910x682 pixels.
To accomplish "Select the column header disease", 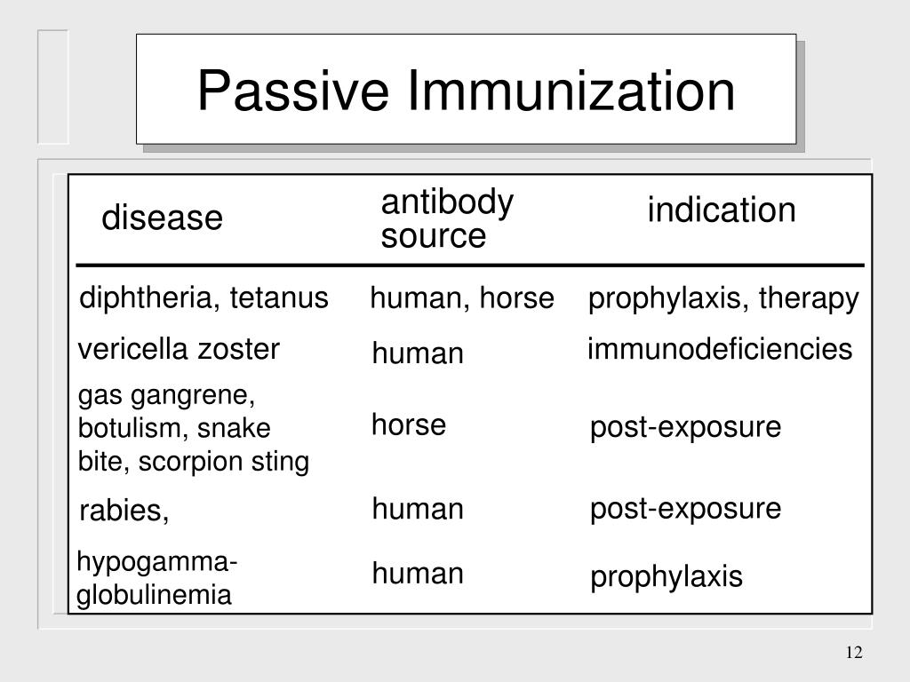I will click(x=162, y=218).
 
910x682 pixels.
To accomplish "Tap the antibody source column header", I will click(x=447, y=219).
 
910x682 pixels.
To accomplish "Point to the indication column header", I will click(x=721, y=211).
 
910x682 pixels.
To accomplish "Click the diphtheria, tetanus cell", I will click(x=204, y=298).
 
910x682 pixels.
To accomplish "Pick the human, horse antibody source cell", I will click(x=461, y=299).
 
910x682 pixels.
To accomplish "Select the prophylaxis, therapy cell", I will click(x=723, y=300).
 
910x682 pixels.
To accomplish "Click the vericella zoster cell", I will click(x=179, y=350).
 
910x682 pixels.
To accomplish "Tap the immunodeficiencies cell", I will click(x=719, y=350).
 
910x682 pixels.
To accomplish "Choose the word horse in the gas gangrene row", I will click(x=408, y=425).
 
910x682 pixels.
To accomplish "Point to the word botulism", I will click(x=131, y=428).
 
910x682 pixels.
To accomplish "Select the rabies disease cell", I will click(x=124, y=511).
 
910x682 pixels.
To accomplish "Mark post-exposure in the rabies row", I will click(x=685, y=509).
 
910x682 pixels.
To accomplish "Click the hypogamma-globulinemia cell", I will click(x=156, y=579).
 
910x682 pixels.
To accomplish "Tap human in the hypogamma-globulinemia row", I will click(x=418, y=575).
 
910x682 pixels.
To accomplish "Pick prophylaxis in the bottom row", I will click(x=666, y=578).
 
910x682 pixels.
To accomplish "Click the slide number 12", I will click(x=854, y=654).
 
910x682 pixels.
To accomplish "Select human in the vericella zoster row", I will click(x=418, y=355).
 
